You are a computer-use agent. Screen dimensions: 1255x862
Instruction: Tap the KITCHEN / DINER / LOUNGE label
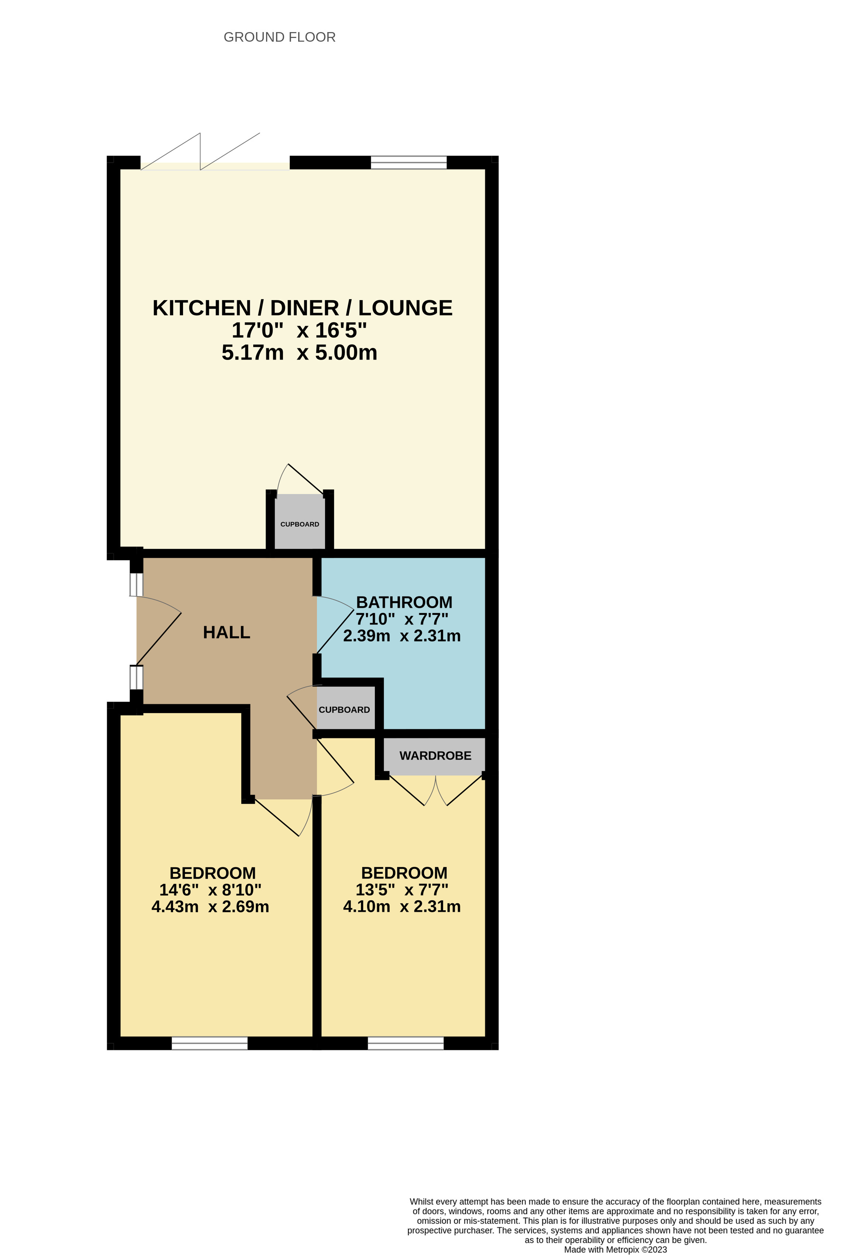(302, 308)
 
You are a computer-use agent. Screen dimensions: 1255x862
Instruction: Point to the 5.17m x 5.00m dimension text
(299, 352)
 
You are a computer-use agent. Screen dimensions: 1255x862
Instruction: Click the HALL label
(227, 632)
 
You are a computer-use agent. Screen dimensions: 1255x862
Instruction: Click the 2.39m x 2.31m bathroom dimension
(401, 636)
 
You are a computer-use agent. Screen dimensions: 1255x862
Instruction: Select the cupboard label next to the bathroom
(344, 710)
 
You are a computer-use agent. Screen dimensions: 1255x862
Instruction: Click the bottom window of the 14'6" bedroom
(210, 1043)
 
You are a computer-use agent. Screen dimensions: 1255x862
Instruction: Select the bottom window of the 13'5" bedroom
(405, 1043)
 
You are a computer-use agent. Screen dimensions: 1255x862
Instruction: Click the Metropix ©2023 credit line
(615, 1249)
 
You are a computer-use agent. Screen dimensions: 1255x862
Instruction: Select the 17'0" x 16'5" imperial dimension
(299, 330)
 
